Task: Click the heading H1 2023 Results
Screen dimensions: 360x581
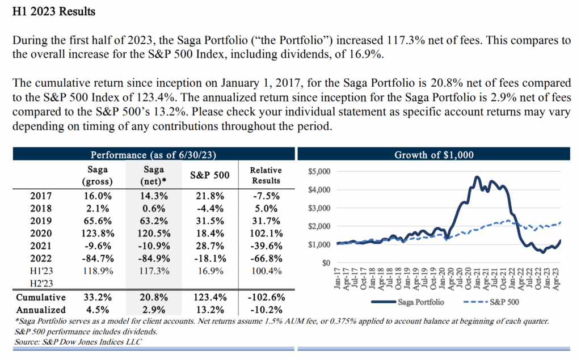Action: point(54,11)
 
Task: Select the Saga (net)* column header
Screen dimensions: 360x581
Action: point(154,175)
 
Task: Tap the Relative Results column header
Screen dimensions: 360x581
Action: point(266,175)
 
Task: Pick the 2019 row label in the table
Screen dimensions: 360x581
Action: point(40,221)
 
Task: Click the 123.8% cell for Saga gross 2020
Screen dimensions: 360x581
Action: point(98,233)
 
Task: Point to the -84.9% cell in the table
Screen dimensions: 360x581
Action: point(154,259)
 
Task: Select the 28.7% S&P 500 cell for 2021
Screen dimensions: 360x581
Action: point(210,246)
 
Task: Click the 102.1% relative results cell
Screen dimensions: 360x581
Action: point(266,233)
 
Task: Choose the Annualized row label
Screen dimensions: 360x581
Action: point(41,310)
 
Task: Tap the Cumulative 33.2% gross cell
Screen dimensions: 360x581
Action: point(98,297)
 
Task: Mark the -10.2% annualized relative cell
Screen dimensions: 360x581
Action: point(266,310)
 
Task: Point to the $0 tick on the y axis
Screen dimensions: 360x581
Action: point(326,263)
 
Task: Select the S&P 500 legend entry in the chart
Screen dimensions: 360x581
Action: point(494,302)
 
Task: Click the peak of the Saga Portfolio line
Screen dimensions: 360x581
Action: point(476,177)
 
